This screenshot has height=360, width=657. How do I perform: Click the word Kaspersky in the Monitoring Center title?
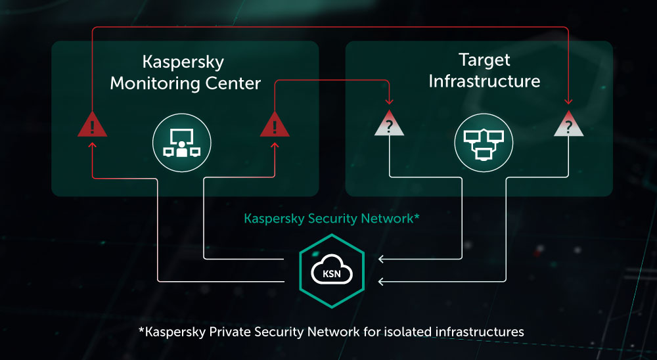tap(183, 62)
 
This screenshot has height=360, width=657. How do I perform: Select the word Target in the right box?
tap(484, 60)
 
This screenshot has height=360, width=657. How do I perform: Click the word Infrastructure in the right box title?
tap(484, 81)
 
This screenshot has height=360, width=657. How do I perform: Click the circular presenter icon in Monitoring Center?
tap(182, 144)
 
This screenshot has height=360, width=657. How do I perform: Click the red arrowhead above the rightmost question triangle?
tap(569, 102)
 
